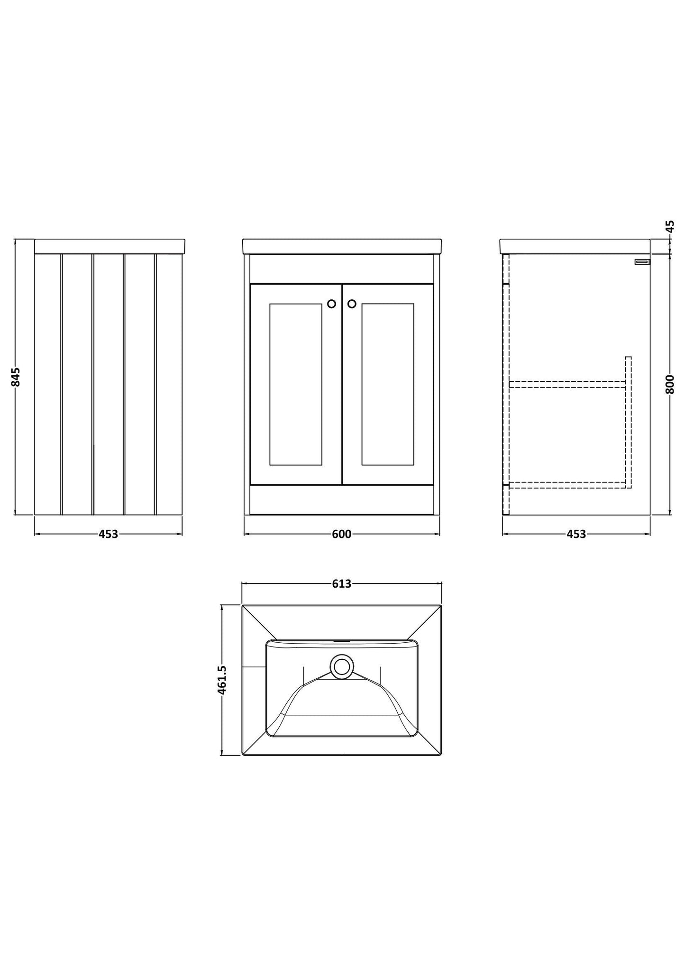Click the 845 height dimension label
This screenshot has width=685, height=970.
click(16, 377)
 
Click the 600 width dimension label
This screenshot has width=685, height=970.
click(341, 534)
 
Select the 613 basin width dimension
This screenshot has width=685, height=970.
click(341, 583)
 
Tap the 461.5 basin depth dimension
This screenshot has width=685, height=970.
click(222, 680)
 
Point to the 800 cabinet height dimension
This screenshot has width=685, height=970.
click(669, 384)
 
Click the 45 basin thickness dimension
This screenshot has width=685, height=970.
click(669, 226)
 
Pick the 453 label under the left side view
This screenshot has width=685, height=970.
click(108, 534)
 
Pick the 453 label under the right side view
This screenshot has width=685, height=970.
click(576, 534)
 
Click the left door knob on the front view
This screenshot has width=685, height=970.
click(331, 304)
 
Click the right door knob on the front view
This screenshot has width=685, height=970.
click(352, 304)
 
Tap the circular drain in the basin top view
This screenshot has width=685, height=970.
click(341, 666)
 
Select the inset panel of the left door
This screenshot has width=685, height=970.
click(296, 384)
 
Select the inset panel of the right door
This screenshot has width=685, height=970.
click(388, 384)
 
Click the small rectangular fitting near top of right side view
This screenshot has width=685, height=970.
click(643, 261)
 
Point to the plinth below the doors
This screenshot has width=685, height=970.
click(341, 500)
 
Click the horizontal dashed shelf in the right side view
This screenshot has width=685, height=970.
click(567, 384)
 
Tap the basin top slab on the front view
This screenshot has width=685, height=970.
click(342, 246)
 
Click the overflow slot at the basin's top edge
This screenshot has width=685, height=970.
click(341, 641)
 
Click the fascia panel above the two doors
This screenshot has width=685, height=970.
click(341, 269)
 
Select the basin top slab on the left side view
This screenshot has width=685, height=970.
click(110, 246)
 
